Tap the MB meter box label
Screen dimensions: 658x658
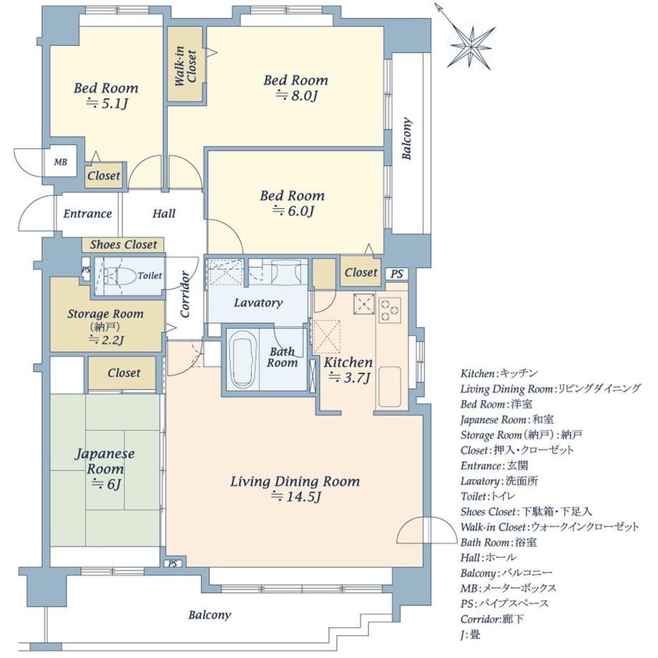(60, 162)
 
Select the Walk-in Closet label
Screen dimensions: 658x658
(185, 66)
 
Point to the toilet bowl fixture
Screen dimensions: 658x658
(122, 275)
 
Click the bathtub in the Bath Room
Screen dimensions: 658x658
(243, 359)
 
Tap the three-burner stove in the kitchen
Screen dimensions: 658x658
(390, 310)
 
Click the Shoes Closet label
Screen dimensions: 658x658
(123, 245)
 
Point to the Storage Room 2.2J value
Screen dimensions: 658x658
(106, 340)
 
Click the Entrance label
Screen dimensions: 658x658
(87, 214)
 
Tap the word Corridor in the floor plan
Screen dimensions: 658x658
(185, 294)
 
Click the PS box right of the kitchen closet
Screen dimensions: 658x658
(396, 274)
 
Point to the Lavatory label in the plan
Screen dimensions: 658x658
(258, 303)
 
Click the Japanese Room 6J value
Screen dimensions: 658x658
(106, 484)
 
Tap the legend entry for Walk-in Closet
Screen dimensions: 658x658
(550, 527)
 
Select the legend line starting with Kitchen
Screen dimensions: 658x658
(499, 373)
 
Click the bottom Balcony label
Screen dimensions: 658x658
(210, 616)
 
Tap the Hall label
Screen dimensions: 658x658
(164, 214)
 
